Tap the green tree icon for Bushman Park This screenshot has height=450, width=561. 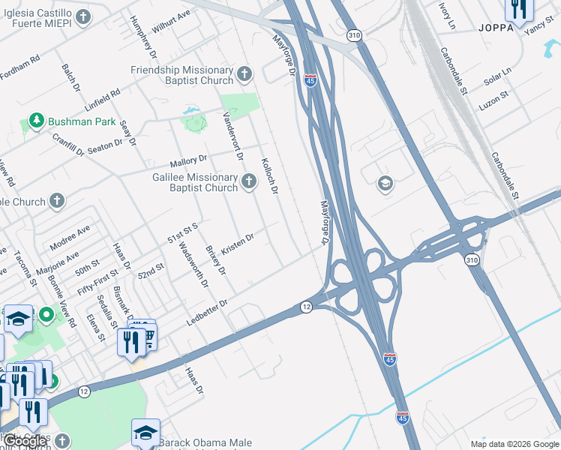pyautogui.click(x=35, y=120)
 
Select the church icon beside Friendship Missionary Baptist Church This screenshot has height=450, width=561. pyautogui.click(x=244, y=74)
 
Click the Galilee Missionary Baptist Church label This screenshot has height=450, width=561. pyautogui.click(x=194, y=182)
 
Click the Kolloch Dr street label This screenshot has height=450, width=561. pyautogui.click(x=269, y=177)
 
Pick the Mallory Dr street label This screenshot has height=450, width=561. pyautogui.click(x=187, y=160)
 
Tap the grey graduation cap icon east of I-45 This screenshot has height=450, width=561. pyautogui.click(x=385, y=184)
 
